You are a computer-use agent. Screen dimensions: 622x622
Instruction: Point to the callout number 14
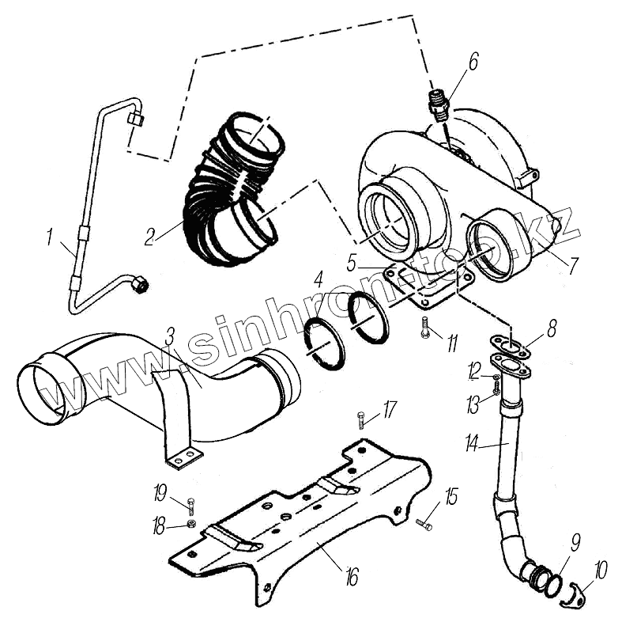(472, 444)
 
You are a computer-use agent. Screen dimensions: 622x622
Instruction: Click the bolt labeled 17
(362, 419)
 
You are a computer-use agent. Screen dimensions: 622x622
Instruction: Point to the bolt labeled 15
(424, 523)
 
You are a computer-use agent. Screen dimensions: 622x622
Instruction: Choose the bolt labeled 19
(191, 506)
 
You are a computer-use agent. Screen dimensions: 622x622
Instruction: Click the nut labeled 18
(191, 524)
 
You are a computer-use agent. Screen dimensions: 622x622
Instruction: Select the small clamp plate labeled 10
(571, 601)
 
